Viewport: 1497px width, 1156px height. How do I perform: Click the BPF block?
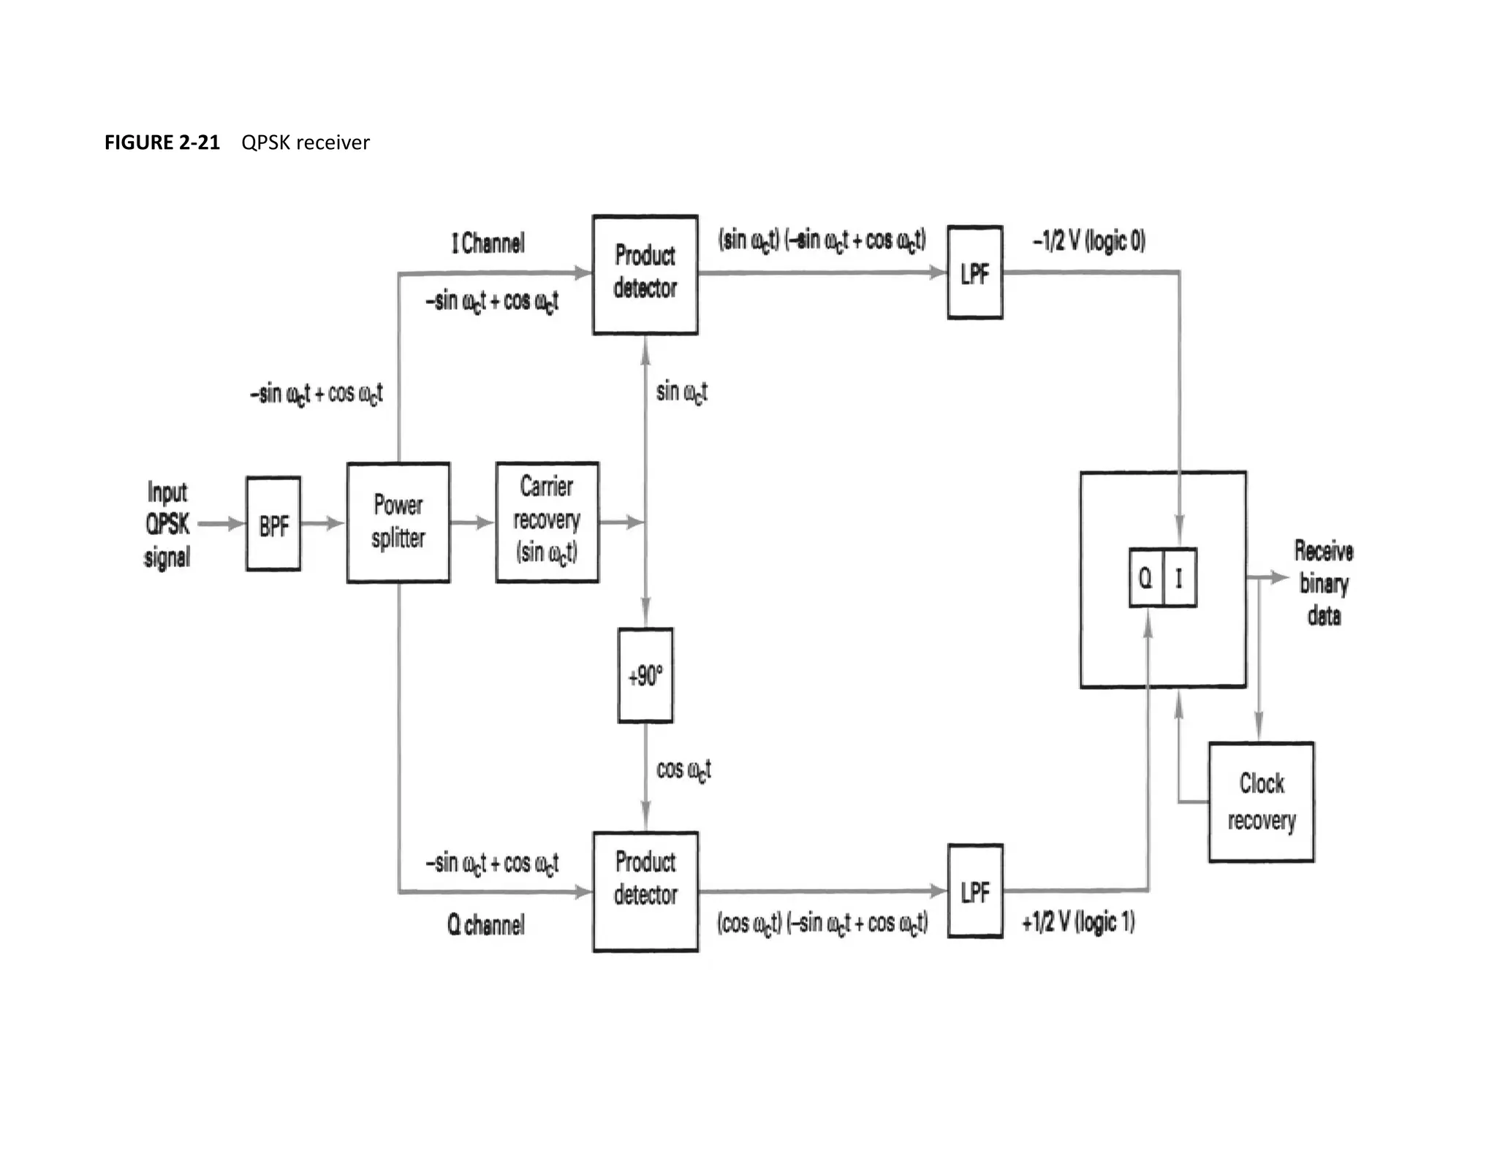coord(273,524)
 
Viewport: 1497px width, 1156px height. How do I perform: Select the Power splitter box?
coord(398,522)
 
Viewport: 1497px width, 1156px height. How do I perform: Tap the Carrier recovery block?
coord(547,522)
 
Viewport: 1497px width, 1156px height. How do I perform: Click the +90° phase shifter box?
coord(645,675)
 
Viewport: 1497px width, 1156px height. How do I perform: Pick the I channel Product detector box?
coord(645,275)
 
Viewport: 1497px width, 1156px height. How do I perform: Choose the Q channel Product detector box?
coord(645,891)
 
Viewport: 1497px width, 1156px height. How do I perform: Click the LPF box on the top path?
coord(974,273)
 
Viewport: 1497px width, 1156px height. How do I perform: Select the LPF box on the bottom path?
coord(974,891)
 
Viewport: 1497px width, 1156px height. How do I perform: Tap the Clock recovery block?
coord(1261,802)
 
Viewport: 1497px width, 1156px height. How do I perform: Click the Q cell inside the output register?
coord(1145,578)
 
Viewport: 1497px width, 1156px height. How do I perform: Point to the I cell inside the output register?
coord(1179,578)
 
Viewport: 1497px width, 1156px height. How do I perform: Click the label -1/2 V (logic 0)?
coord(1088,240)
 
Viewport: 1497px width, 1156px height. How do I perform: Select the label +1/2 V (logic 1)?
coord(1078,922)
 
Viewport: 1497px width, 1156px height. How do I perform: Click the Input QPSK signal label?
coord(167,524)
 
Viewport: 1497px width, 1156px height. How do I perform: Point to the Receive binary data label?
coord(1323,582)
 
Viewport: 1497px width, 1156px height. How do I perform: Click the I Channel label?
coord(488,243)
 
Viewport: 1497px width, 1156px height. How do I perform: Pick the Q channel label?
coord(485,924)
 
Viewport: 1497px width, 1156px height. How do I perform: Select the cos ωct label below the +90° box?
coord(683,769)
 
